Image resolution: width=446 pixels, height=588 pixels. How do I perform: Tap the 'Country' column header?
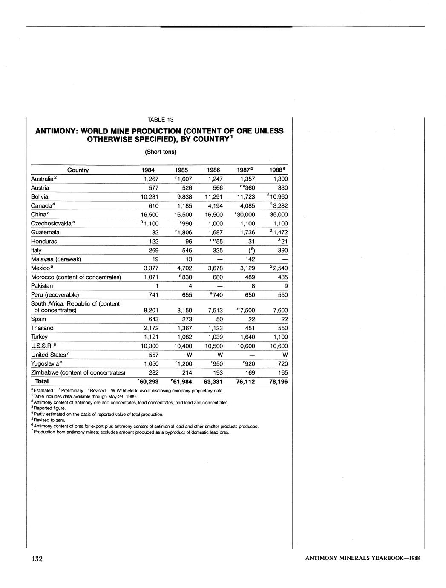coord(78,170)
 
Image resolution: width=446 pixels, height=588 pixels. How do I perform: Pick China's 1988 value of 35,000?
coord(279,215)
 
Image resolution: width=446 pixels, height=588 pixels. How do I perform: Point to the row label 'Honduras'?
coord(44,241)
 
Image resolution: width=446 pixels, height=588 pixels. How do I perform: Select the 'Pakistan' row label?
coord(42,286)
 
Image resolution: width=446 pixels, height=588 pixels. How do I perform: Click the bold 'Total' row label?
coord(42,381)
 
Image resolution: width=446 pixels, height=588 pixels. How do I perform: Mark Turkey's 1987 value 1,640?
coord(247,337)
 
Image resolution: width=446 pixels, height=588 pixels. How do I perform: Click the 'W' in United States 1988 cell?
coord(285,355)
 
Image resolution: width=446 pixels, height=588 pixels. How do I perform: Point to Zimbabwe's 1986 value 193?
coord(217,373)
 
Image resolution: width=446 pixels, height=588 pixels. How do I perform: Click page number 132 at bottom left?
coord(37,559)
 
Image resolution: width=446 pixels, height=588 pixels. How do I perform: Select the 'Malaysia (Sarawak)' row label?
coord(56,259)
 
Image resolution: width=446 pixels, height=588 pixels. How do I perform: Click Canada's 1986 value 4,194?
coord(215,206)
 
